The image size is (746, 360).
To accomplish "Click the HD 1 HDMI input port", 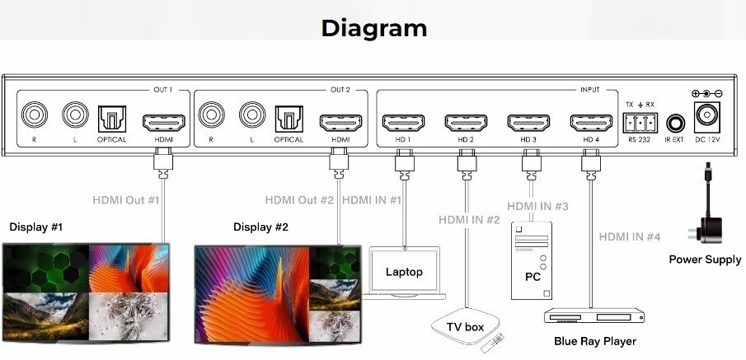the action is click(x=403, y=123).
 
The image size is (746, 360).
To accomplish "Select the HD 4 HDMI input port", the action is click(x=591, y=123).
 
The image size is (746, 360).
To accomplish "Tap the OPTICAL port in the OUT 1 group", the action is click(x=112, y=119).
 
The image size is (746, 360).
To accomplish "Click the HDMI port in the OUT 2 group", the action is click(x=340, y=123).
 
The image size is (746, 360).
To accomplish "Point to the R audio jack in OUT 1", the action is click(x=35, y=115).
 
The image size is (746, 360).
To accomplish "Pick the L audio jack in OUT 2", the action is click(x=252, y=115).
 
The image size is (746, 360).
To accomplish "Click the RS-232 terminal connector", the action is click(x=640, y=123).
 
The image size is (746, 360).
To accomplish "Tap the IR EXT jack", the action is click(x=675, y=124).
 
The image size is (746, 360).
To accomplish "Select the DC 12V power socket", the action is click(x=707, y=117).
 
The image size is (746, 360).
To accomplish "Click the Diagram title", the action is click(x=374, y=28).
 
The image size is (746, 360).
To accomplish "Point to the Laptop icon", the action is click(x=404, y=273).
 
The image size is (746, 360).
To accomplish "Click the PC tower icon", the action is click(x=532, y=260).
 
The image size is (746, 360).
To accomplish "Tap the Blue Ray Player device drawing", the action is click(x=594, y=316).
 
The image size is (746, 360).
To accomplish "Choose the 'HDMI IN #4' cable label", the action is click(x=630, y=236).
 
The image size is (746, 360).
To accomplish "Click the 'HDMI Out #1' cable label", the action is click(x=125, y=199).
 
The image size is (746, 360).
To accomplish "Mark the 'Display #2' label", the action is click(x=260, y=227).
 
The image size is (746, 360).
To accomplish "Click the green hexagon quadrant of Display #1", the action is click(x=45, y=268).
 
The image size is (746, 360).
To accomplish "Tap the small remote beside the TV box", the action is click(x=493, y=344).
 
